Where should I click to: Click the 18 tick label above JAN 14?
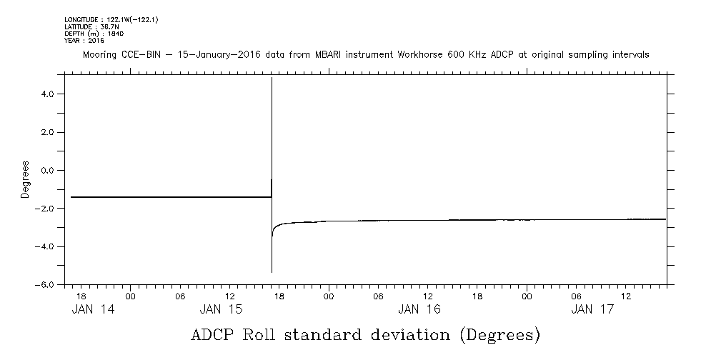pyautogui.click(x=81, y=295)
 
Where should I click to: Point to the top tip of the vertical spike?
pyautogui.click(x=272, y=79)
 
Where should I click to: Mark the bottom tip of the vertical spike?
pyautogui.click(x=272, y=272)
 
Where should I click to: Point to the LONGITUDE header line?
pyautogui.click(x=111, y=19)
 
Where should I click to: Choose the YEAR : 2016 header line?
pyautogui.click(x=84, y=41)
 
